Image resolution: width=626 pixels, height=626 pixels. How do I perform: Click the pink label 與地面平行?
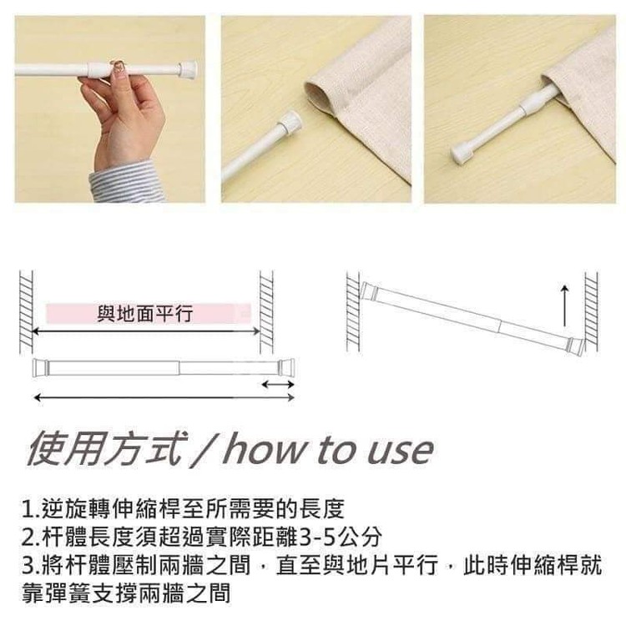148,313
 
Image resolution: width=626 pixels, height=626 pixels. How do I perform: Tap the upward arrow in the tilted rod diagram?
564,305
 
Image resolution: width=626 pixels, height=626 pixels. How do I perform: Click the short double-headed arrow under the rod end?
278,385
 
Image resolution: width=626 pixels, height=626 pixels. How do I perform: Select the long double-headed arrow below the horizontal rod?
164,397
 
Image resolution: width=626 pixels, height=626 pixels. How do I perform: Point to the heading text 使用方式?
106,450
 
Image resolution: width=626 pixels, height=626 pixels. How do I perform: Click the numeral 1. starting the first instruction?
31,510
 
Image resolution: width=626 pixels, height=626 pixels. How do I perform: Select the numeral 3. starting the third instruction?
31,567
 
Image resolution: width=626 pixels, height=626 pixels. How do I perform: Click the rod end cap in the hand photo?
188,70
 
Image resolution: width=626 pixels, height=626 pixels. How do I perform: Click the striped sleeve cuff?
126,182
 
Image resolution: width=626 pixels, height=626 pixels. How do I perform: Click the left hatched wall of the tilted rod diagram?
353,311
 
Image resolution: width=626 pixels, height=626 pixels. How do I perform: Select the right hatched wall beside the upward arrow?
592,311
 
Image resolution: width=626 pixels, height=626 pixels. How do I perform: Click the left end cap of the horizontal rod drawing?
40,367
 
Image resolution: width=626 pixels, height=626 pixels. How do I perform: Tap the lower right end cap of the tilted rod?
575,346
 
